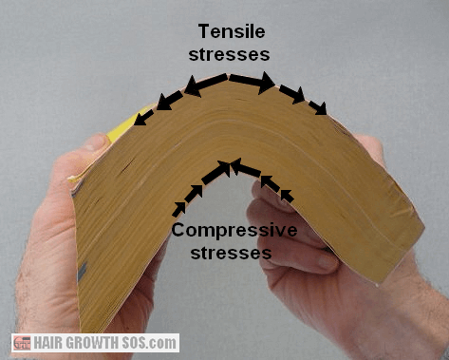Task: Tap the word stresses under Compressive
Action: pos(233,254)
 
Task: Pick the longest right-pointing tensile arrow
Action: pos(253,83)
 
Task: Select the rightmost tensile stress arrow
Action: pos(319,106)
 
